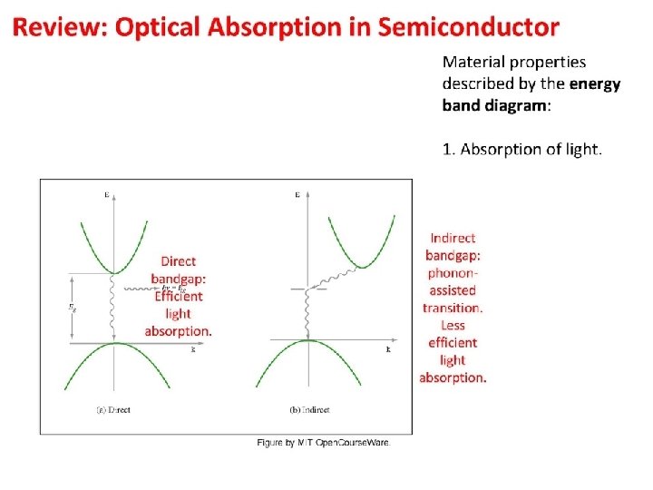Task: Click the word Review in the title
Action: click(x=58, y=27)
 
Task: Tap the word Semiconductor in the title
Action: click(x=468, y=27)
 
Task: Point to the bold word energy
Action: click(x=594, y=84)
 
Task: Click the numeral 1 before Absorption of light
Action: click(x=446, y=149)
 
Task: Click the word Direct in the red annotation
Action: click(x=178, y=261)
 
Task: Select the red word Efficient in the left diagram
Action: click(x=179, y=296)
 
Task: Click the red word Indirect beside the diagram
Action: click(x=453, y=238)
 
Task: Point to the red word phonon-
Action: click(x=453, y=272)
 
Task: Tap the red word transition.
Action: click(x=453, y=308)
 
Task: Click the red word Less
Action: click(x=453, y=325)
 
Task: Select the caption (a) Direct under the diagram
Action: click(x=113, y=410)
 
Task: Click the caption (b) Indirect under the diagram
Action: click(x=309, y=410)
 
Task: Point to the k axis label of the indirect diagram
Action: click(x=388, y=348)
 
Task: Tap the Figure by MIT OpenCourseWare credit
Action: click(x=324, y=442)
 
